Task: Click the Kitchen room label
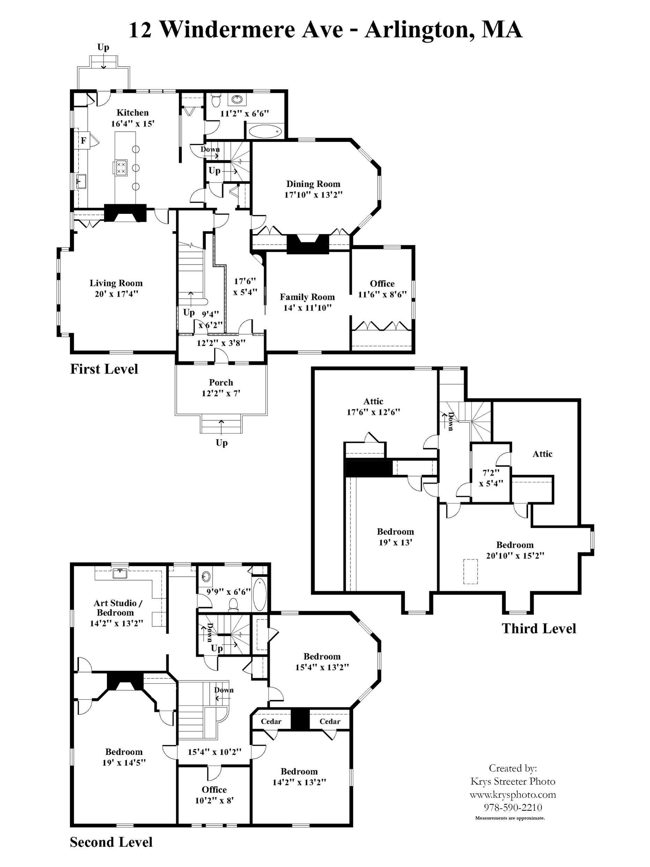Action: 132,113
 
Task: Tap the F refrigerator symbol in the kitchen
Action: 83,140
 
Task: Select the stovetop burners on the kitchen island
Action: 121,168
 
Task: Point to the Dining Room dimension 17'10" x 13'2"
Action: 313,195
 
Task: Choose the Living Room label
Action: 116,283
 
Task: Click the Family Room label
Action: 307,297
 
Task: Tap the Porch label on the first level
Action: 221,382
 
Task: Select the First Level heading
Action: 104,369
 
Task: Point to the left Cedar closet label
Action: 271,722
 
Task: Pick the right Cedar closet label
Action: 330,722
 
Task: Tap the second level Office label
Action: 214,790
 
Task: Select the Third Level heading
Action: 539,629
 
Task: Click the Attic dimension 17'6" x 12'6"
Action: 373,412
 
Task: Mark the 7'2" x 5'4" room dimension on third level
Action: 491,478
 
